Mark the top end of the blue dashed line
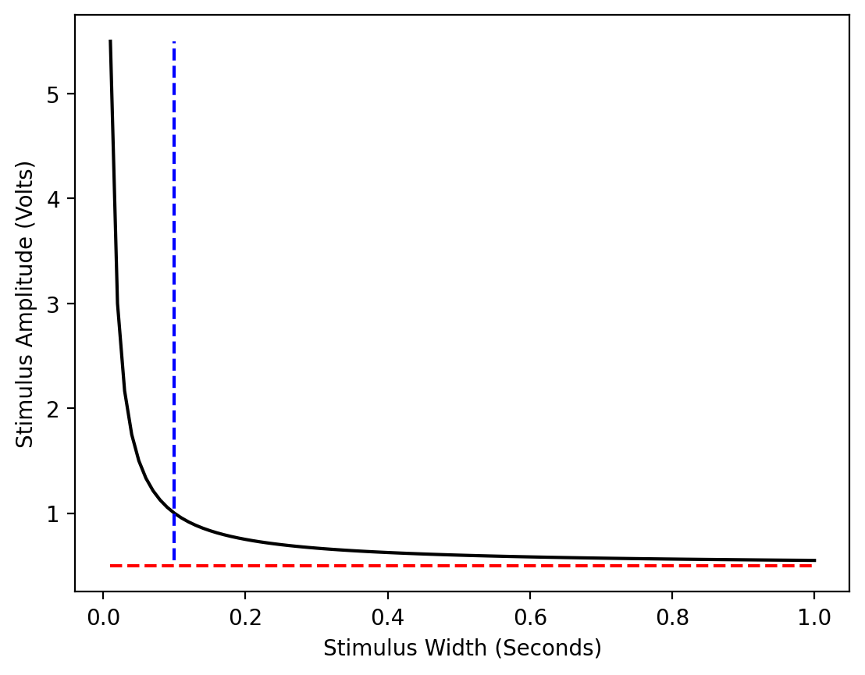(x=173, y=42)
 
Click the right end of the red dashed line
(x=813, y=565)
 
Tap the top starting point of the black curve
(x=110, y=41)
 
